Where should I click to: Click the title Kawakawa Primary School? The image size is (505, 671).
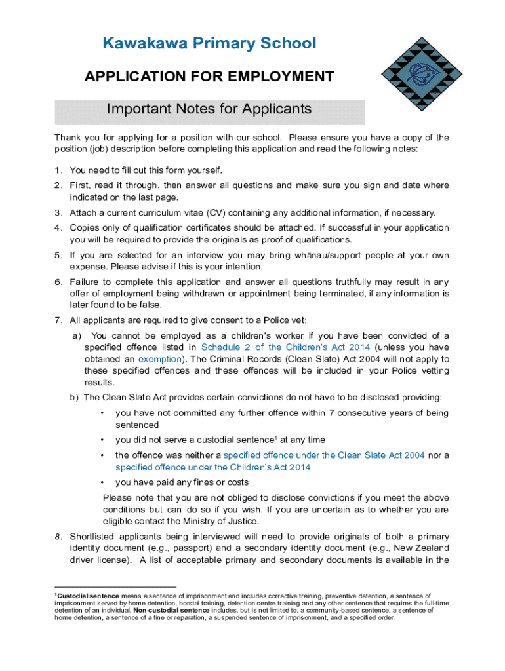tap(209, 44)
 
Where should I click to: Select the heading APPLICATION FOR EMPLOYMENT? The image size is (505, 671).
tap(209, 77)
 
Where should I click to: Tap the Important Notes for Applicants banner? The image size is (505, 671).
tap(209, 109)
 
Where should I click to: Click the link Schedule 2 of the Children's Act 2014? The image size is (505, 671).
tap(286, 347)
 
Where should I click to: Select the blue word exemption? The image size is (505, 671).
tap(159, 359)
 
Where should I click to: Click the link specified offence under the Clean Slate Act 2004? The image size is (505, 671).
tap(324, 455)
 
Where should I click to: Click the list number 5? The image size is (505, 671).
tap(58, 255)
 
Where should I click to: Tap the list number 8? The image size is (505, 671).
tap(58, 536)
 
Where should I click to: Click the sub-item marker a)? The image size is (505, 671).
tap(76, 335)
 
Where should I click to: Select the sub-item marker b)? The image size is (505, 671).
tap(74, 397)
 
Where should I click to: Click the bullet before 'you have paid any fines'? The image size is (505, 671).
tap(102, 482)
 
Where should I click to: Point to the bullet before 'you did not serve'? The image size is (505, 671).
tap(102, 440)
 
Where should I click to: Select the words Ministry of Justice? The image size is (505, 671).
tap(225, 522)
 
